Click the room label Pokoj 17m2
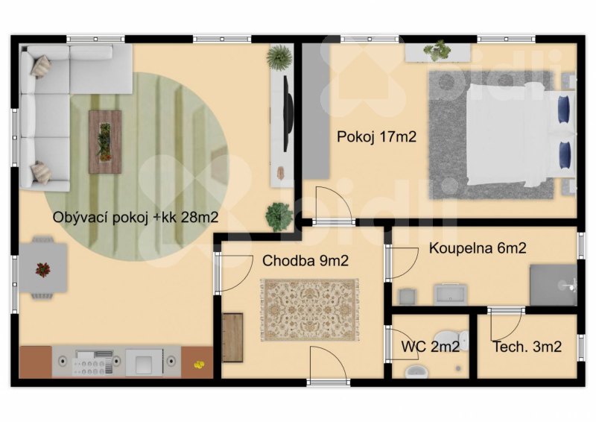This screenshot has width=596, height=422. click(376, 137)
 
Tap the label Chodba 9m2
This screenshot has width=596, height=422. click(305, 261)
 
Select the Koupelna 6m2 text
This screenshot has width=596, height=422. click(478, 248)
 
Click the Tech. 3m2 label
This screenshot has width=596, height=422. click(527, 346)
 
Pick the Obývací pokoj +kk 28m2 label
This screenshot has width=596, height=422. click(135, 218)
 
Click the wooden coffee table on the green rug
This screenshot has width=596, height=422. click(105, 142)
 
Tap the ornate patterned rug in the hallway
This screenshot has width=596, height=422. click(309, 309)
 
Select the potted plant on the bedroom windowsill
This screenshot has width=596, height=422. click(436, 51)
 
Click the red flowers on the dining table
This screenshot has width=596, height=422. click(42, 269)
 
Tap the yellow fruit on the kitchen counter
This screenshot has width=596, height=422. click(199, 365)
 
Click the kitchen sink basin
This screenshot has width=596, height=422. click(145, 362)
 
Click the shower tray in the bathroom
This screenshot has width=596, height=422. click(552, 284)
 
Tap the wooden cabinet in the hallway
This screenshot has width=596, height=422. click(232, 337)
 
